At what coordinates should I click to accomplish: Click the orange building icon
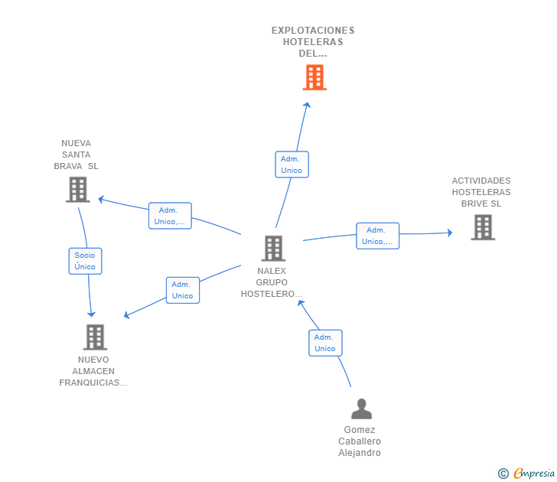click(x=314, y=77)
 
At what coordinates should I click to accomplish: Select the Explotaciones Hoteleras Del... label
click(x=313, y=42)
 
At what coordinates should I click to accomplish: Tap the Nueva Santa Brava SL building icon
click(x=77, y=190)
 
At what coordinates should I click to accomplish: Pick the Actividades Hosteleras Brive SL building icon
click(x=482, y=227)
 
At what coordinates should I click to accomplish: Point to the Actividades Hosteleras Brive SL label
click(x=481, y=192)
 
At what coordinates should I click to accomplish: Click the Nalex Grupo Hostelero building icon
click(x=273, y=248)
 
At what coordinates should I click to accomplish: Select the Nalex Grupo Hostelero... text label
click(x=272, y=282)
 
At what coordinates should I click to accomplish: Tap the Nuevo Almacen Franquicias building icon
click(x=95, y=337)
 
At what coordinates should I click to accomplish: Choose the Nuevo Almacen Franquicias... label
click(x=93, y=371)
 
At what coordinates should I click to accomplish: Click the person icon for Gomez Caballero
click(x=361, y=409)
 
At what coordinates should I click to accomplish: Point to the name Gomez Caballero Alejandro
click(x=360, y=441)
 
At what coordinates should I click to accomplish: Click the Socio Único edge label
click(x=85, y=261)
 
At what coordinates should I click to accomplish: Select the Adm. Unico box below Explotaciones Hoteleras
click(x=292, y=164)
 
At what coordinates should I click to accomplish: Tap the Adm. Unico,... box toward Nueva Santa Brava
click(x=170, y=216)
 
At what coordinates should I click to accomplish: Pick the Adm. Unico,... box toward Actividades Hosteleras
click(x=377, y=236)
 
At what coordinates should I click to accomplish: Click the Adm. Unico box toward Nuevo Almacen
click(x=182, y=290)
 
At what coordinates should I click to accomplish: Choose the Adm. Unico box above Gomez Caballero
click(x=325, y=343)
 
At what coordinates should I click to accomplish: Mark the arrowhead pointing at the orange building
click(x=307, y=106)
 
